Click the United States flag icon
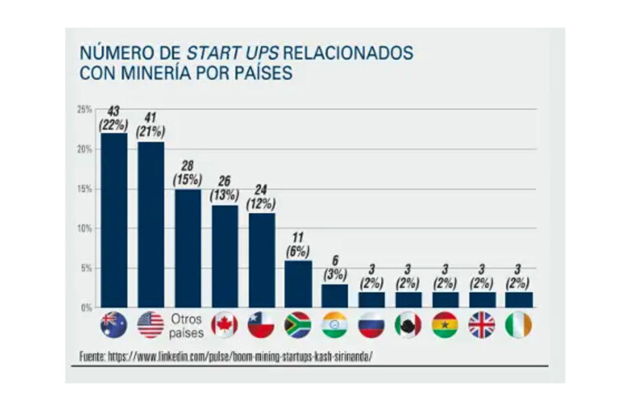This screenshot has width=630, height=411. tap(151, 326)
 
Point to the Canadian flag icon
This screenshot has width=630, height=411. tap(224, 326)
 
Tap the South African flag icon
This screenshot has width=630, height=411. tap(297, 326)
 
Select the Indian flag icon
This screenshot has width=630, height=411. tap(334, 326)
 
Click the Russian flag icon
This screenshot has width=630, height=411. tap(371, 326)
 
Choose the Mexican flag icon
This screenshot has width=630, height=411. tap(408, 326)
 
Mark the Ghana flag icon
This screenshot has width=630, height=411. tap(445, 326)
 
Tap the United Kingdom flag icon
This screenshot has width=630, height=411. tap(482, 326)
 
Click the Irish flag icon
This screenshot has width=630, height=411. tap(518, 326)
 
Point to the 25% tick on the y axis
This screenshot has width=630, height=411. tap(84, 109)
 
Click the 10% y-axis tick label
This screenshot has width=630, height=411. tap(84, 229)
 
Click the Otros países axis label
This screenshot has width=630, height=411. tap(187, 326)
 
